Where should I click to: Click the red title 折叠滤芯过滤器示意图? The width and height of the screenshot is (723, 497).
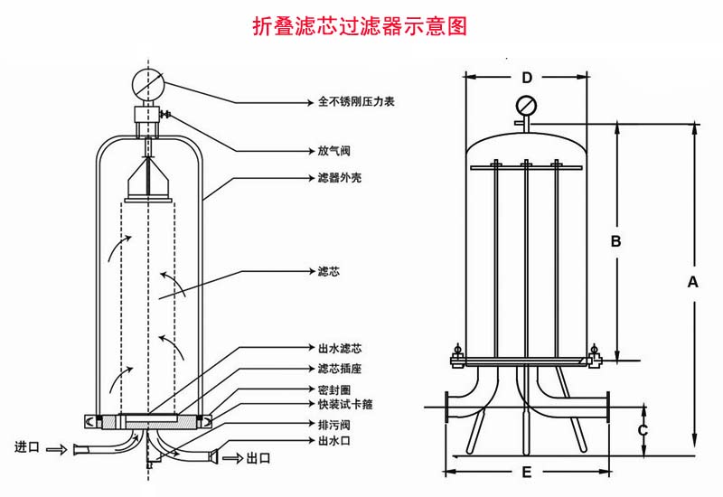361,25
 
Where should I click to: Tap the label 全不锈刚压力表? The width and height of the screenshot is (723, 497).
357,102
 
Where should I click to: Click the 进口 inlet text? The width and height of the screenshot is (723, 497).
27,447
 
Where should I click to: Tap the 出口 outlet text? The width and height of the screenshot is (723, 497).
258,459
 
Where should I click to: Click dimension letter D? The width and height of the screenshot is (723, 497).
527,78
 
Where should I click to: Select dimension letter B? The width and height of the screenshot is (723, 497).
615,241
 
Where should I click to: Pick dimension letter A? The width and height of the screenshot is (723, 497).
693,281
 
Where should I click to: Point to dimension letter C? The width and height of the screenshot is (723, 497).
643,430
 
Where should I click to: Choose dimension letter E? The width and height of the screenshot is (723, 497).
527,472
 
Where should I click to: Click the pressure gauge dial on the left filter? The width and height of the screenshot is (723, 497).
146,83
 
